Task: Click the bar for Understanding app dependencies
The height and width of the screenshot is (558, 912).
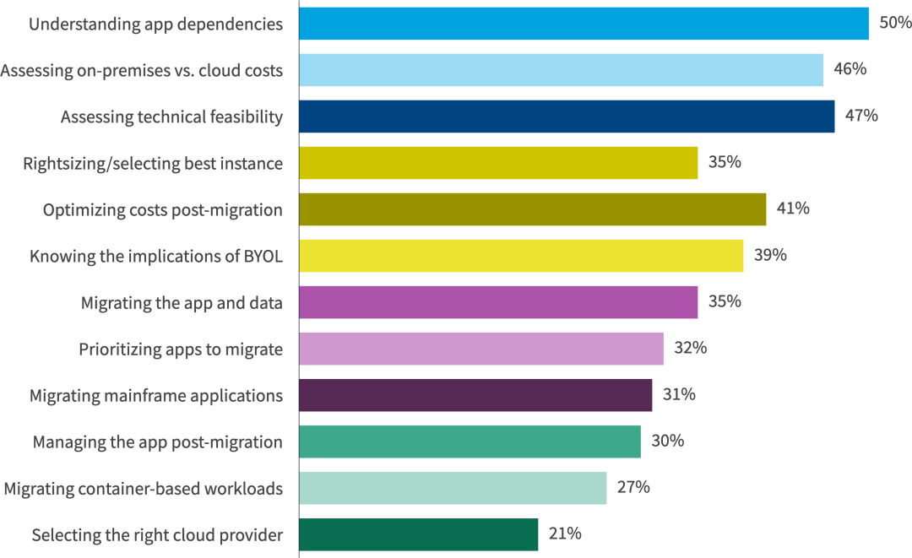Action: (584, 24)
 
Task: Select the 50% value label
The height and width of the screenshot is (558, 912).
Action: (895, 23)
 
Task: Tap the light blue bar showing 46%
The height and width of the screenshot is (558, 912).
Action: (561, 70)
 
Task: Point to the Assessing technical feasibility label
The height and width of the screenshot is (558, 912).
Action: (171, 116)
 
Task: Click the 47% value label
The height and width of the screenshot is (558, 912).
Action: (861, 116)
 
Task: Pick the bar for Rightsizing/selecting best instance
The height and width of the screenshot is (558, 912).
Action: (498, 163)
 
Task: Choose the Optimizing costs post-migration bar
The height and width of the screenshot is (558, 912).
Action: (532, 209)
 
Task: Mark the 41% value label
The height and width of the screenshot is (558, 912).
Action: (793, 209)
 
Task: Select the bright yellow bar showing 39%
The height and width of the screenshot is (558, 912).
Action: (521, 256)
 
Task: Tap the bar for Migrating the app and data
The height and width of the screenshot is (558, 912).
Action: (498, 302)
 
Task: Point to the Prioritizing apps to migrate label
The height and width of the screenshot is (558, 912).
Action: (181, 349)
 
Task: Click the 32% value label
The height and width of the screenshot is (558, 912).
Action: (690, 348)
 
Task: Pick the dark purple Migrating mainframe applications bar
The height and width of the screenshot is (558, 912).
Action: (475, 395)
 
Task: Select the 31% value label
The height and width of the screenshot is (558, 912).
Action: (679, 394)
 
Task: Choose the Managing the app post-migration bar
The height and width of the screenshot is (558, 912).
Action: (470, 442)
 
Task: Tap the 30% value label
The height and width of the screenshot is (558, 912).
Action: (667, 441)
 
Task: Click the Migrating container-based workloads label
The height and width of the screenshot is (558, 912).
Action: (144, 488)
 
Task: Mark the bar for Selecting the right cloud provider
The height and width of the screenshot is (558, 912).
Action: (418, 534)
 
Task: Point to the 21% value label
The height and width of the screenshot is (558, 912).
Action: (564, 534)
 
